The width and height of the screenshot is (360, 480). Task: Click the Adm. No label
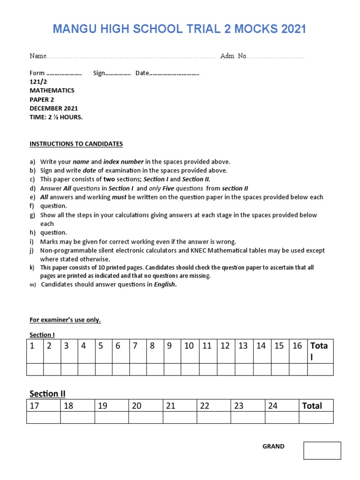[x=233, y=56]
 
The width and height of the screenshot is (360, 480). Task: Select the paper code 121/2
[x=38, y=82]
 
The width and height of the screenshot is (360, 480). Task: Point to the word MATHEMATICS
[x=52, y=90]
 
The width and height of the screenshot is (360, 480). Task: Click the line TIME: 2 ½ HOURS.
[x=56, y=117]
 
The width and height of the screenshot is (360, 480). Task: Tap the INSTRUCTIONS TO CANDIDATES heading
[x=76, y=144]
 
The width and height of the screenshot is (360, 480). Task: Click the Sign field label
[x=99, y=73]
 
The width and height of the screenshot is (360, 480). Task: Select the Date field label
[x=142, y=73]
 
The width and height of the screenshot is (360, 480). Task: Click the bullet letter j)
[x=32, y=251]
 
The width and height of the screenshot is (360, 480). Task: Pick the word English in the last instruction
[x=165, y=285]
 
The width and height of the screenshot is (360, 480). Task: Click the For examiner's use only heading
[x=65, y=320]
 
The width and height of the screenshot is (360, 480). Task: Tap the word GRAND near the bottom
[x=273, y=447]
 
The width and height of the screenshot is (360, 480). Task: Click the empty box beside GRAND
[x=322, y=450]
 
